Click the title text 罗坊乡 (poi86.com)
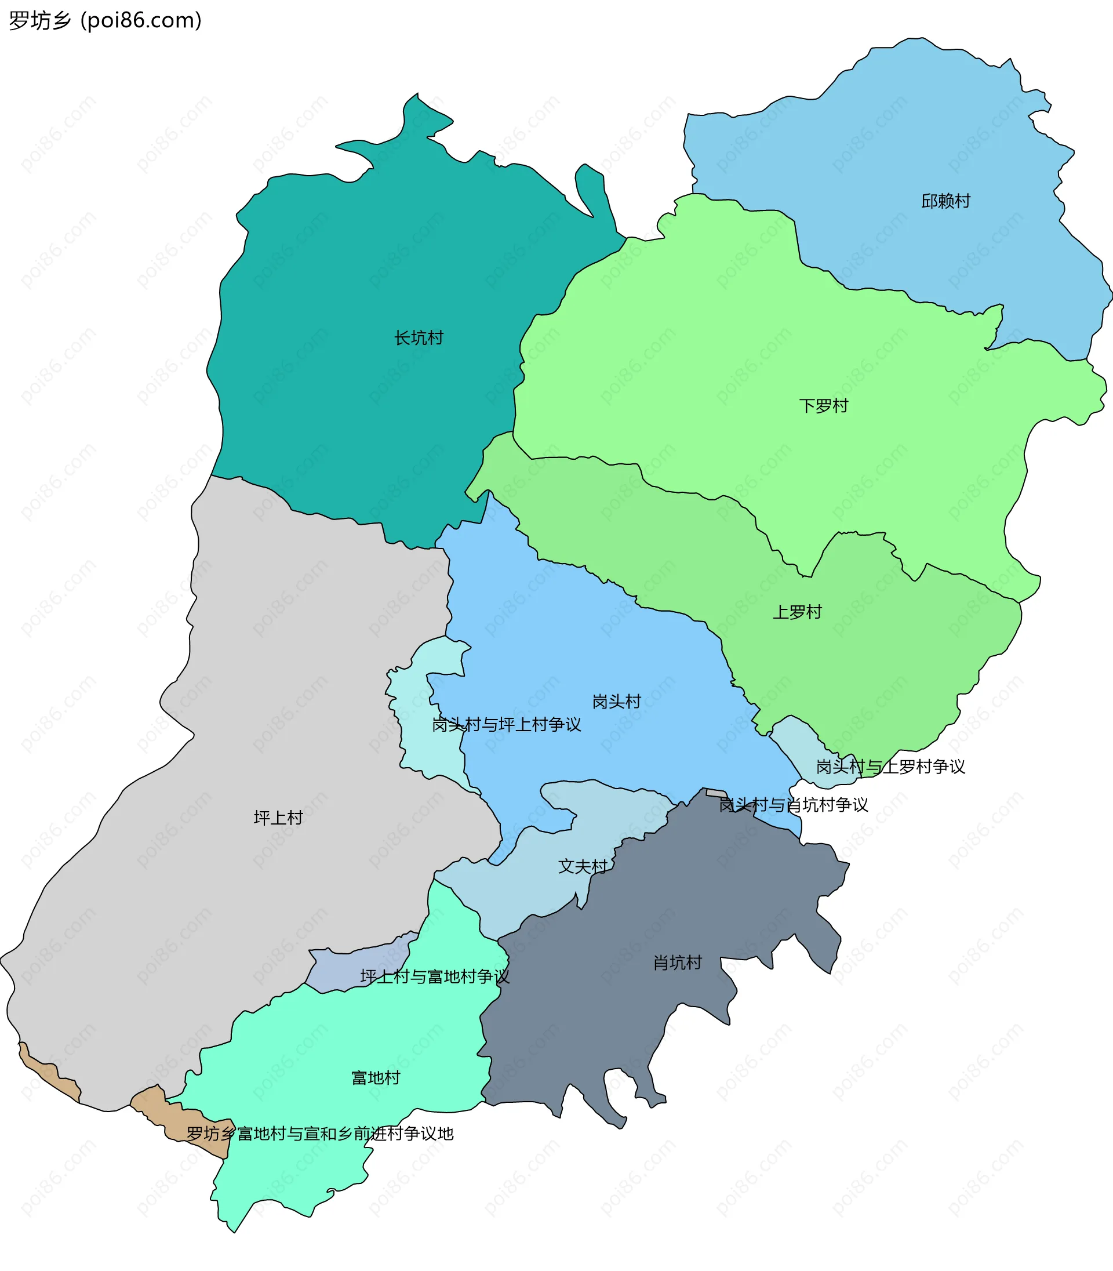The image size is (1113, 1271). pyautogui.click(x=106, y=20)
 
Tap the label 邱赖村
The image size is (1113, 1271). pyautogui.click(x=945, y=201)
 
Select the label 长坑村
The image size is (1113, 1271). pyautogui.click(x=419, y=338)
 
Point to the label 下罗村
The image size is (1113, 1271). pyautogui.click(x=823, y=406)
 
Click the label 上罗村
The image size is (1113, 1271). pyautogui.click(x=797, y=612)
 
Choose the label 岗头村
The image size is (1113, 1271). pyautogui.click(x=616, y=702)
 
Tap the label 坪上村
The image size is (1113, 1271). pyautogui.click(x=278, y=818)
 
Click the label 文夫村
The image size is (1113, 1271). pyautogui.click(x=582, y=866)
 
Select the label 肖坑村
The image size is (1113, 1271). pyautogui.click(x=677, y=963)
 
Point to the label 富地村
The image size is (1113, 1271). pyautogui.click(x=375, y=1077)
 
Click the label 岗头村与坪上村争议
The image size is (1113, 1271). pyautogui.click(x=506, y=724)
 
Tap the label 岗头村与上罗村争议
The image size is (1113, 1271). pyautogui.click(x=890, y=767)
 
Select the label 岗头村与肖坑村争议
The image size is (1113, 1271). pyautogui.click(x=793, y=805)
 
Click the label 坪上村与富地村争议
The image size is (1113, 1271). pyautogui.click(x=434, y=976)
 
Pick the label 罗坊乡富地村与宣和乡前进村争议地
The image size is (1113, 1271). pyautogui.click(x=320, y=1134)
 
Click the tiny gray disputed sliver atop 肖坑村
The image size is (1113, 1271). pyautogui.click(x=715, y=793)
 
